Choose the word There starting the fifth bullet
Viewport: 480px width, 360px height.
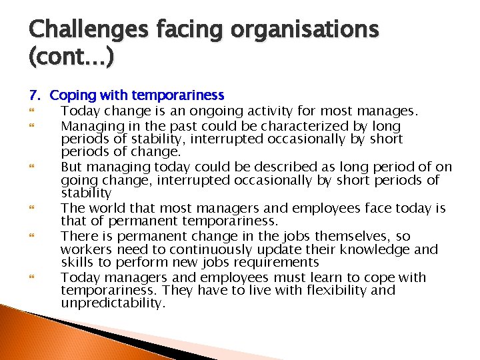point(78,237)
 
